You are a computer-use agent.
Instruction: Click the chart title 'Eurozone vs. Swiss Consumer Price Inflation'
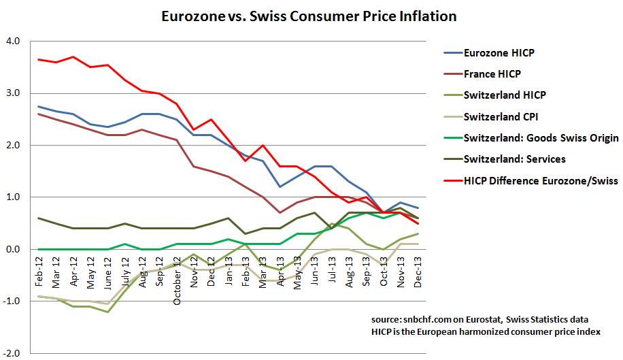click(308, 14)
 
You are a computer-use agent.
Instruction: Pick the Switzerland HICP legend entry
click(504, 95)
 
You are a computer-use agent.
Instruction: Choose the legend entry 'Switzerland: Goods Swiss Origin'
click(541, 138)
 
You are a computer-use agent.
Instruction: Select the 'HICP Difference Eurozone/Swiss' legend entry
click(540, 181)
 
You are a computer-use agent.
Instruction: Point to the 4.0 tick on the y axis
click(14, 42)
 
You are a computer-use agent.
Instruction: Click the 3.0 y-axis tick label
click(14, 93)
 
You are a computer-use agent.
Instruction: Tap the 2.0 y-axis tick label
click(14, 146)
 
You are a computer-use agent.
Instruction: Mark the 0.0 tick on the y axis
click(14, 250)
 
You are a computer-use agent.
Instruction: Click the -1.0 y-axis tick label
click(12, 301)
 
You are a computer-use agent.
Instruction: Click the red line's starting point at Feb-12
click(38, 59)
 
